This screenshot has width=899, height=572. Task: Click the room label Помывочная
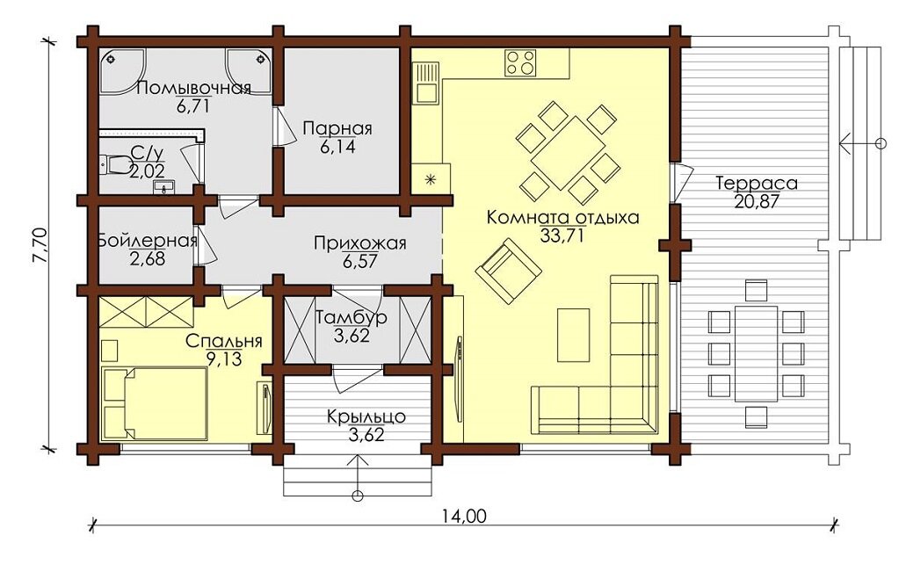tap(194, 88)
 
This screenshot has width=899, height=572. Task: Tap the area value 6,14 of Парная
tap(337, 148)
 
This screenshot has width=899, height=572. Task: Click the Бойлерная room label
tap(148, 240)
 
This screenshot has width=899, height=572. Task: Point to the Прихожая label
tap(359, 243)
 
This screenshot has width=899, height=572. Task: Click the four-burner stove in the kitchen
tap(520, 62)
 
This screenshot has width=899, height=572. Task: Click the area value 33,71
tap(562, 235)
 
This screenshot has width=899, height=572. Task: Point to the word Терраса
tap(757, 184)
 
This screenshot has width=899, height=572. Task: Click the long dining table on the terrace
tap(757, 353)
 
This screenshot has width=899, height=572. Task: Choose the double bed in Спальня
tap(155, 403)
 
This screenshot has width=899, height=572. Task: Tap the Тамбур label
tap(352, 317)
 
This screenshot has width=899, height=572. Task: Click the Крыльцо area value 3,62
tap(366, 435)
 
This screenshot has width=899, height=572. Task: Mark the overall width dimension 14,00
tap(464, 516)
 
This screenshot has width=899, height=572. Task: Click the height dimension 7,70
tap(40, 246)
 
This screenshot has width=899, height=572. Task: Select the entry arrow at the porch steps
tap(359, 474)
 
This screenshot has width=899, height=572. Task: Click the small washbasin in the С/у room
tap(167, 186)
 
